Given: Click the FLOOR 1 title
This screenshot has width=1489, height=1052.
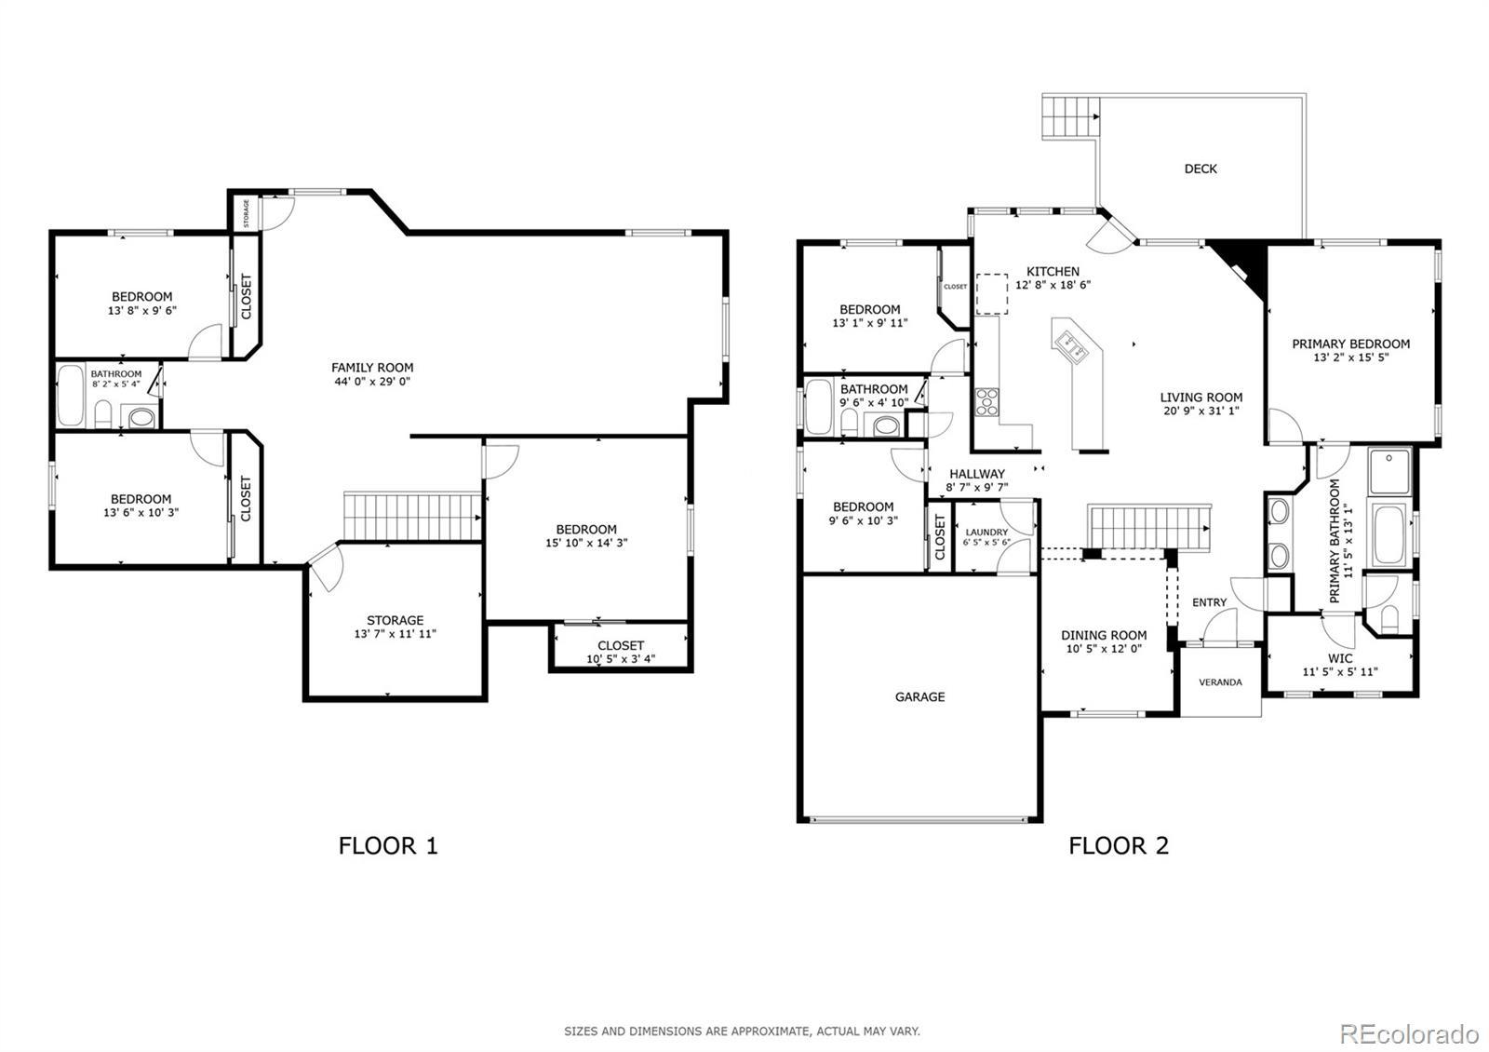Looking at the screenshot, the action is pyautogui.click(x=388, y=846).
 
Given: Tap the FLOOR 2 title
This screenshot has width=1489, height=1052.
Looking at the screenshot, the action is pyautogui.click(x=1119, y=846).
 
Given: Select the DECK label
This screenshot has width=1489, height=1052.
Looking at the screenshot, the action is pyautogui.click(x=1201, y=169).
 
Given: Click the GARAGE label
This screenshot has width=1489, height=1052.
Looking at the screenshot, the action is pyautogui.click(x=919, y=697).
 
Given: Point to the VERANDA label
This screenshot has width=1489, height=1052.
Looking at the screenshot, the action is pyautogui.click(x=1220, y=682).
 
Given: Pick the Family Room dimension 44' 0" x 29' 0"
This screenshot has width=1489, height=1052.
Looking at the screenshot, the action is pyautogui.click(x=372, y=382).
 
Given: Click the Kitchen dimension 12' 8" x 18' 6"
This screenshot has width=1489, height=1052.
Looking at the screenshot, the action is pyautogui.click(x=1053, y=285).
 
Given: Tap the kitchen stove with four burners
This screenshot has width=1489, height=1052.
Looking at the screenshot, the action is pyautogui.click(x=986, y=402).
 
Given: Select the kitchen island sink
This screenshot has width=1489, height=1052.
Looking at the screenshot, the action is pyautogui.click(x=1074, y=348).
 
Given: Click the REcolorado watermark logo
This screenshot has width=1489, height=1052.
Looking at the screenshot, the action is pyautogui.click(x=1409, y=1034).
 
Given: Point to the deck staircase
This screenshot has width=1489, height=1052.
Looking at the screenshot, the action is pyautogui.click(x=1069, y=117).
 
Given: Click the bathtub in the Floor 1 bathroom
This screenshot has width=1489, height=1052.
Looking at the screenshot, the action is pyautogui.click(x=71, y=397).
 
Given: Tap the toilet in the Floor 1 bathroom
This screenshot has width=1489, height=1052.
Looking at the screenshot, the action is pyautogui.click(x=103, y=413).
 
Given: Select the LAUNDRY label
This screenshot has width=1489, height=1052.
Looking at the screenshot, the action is pyautogui.click(x=986, y=532).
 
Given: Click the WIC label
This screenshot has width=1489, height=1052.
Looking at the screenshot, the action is pyautogui.click(x=1340, y=658).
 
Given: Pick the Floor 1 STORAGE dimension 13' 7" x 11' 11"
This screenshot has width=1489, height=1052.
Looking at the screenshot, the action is pyautogui.click(x=395, y=634).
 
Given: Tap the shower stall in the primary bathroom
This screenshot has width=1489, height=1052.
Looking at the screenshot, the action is pyautogui.click(x=1389, y=471).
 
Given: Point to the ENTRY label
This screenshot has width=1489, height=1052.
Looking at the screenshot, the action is pyautogui.click(x=1209, y=602).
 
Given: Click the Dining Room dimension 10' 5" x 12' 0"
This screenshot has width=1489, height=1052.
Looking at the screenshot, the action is pyautogui.click(x=1104, y=648).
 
